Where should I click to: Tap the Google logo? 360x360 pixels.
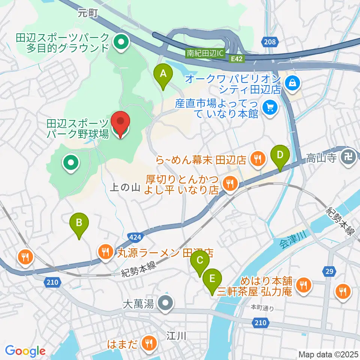[25, 351]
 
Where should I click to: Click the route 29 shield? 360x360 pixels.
[328, 271]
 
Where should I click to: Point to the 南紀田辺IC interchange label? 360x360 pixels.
[205, 53]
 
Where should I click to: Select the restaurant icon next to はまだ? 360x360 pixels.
[149, 343]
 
